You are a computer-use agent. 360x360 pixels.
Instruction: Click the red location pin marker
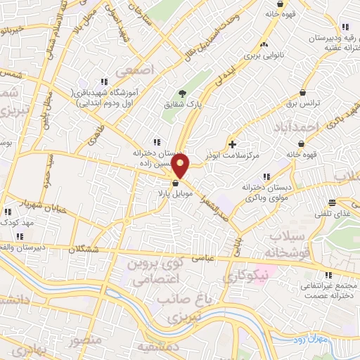[x=181, y=167]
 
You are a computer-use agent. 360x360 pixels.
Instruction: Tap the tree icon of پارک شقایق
[x=183, y=94]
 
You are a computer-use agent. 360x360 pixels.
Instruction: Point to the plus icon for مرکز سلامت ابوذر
[x=233, y=144]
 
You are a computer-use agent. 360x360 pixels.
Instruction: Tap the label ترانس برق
[x=302, y=103]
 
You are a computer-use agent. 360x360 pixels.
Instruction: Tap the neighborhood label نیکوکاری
[x=245, y=276]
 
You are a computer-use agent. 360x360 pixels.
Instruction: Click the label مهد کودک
[x=18, y=221]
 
